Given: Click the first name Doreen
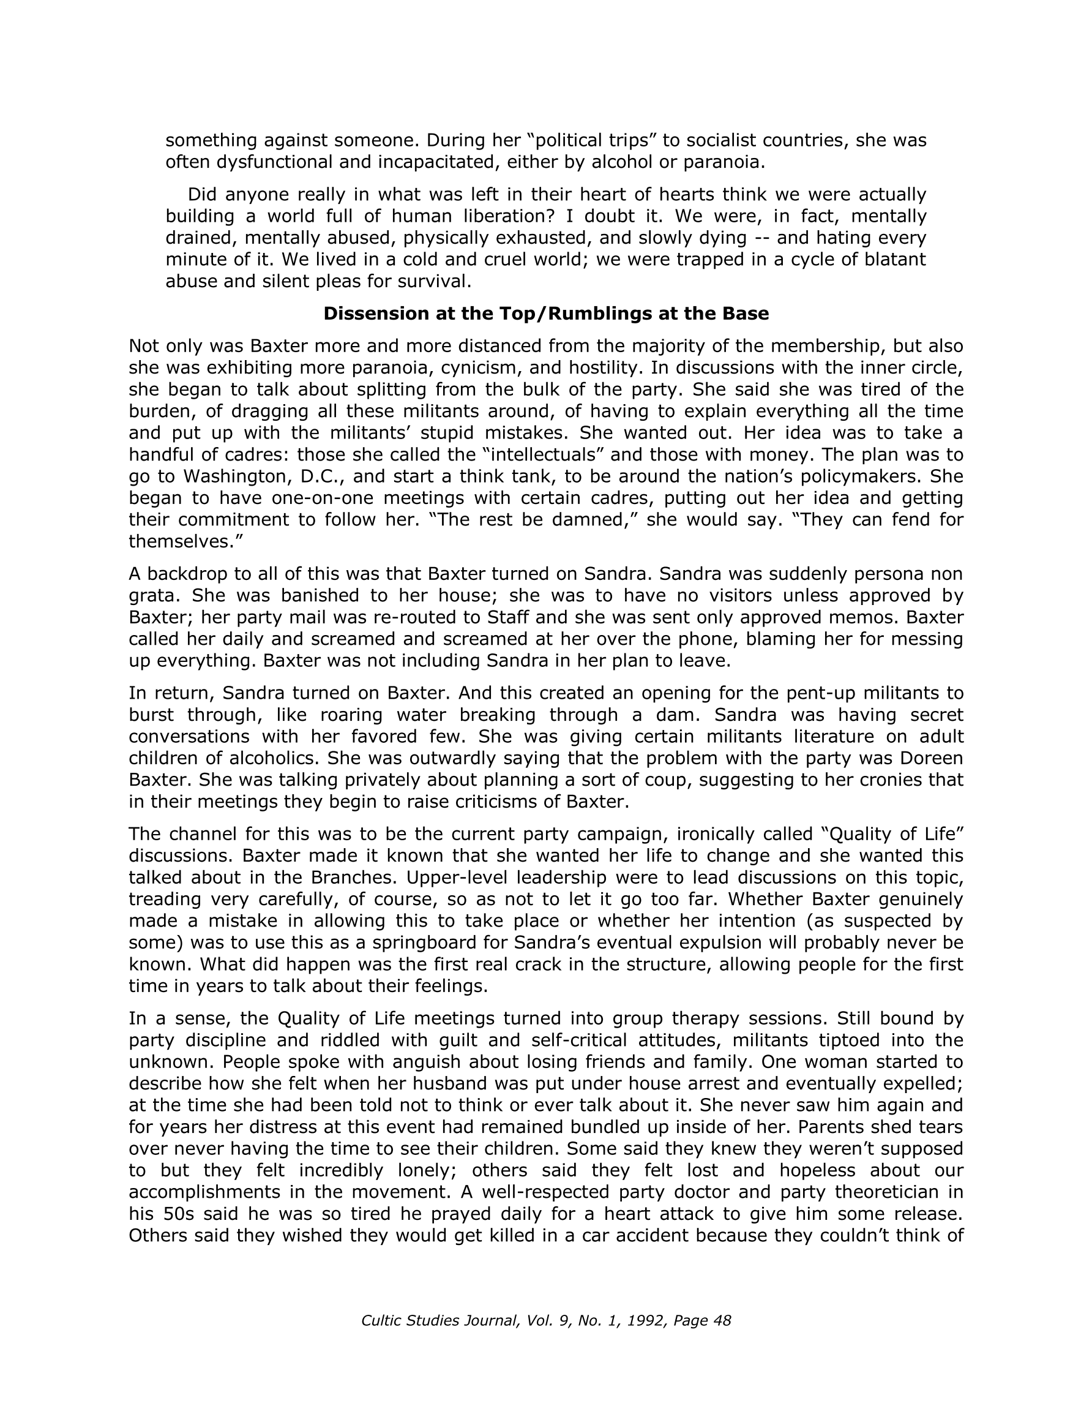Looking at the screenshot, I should point(932,758).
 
